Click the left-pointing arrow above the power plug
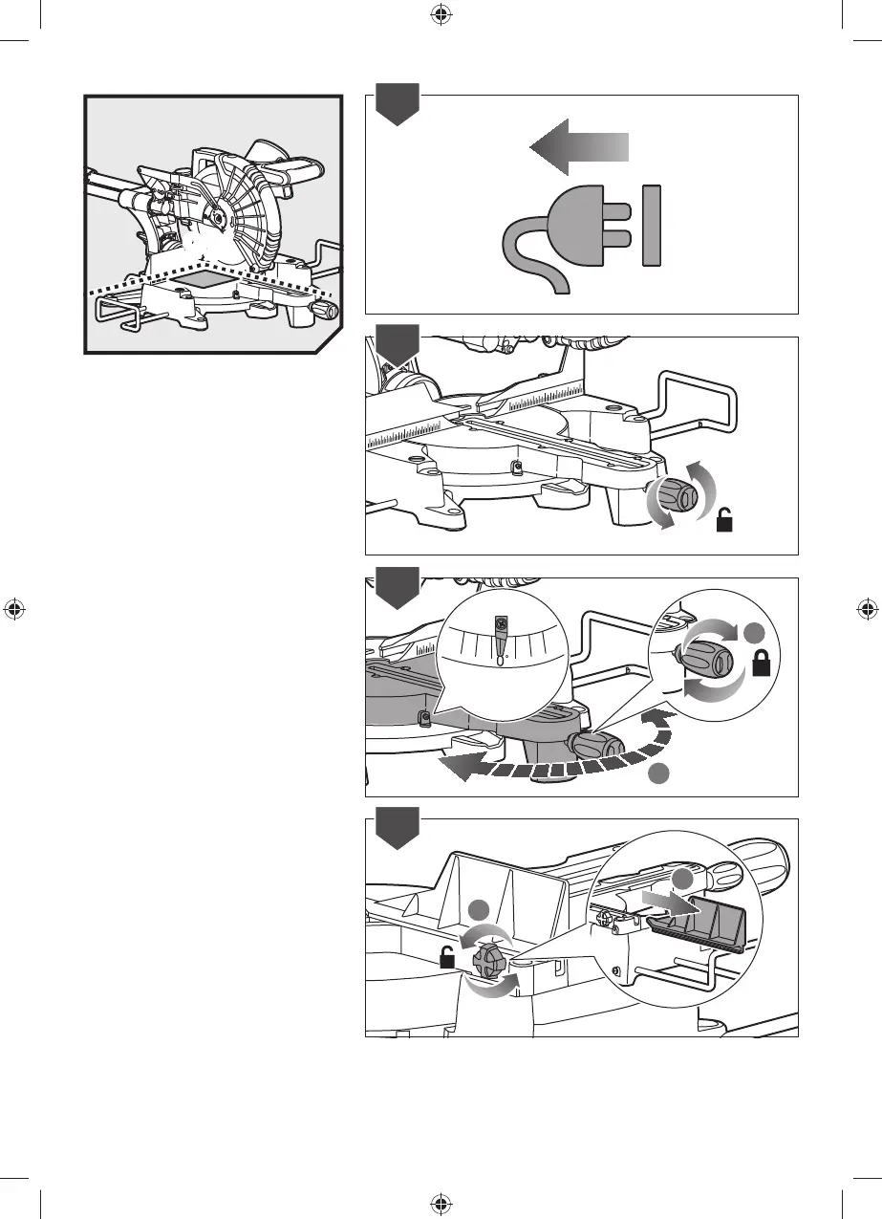[x=577, y=147]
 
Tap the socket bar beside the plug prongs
[x=653, y=228]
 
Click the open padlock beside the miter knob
[x=727, y=520]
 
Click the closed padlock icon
[x=763, y=664]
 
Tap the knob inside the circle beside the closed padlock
[x=706, y=662]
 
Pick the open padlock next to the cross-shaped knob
[x=446, y=957]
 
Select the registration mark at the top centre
[x=441, y=14]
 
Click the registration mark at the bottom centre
[x=441, y=1203]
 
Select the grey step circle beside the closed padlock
[x=755, y=633]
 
